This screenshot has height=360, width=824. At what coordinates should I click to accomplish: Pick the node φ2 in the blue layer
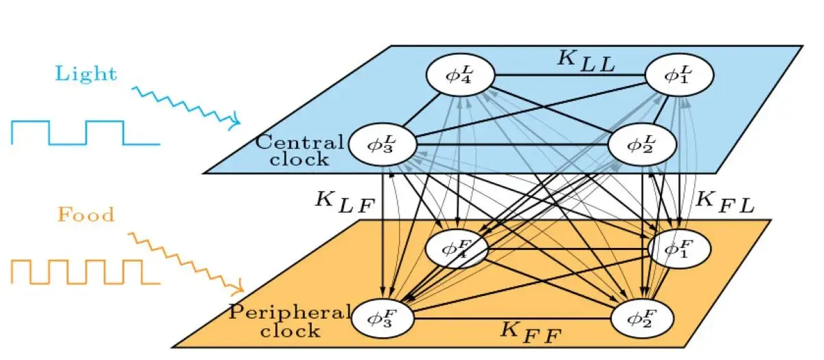tap(643, 144)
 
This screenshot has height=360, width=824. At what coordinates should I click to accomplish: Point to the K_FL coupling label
tap(724, 200)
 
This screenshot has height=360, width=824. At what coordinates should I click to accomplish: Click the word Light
tap(87, 74)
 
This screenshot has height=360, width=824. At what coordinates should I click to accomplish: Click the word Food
tap(85, 215)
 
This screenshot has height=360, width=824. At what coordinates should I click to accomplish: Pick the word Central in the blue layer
tap(299, 143)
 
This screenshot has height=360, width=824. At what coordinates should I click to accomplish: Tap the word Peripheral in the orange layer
tap(289, 313)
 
